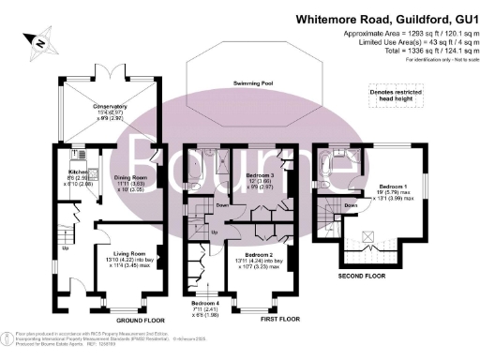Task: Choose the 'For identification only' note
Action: (435, 60)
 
